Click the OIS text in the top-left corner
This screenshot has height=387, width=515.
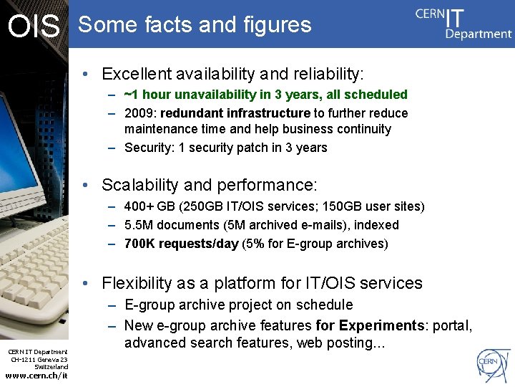point(33,27)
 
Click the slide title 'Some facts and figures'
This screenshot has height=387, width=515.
point(195,25)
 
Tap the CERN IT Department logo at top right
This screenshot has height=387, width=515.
point(463,24)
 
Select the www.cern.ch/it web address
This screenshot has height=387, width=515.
point(36,376)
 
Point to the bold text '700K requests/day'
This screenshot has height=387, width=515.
point(181,244)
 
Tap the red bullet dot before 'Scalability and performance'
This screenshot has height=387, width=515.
point(85,185)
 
